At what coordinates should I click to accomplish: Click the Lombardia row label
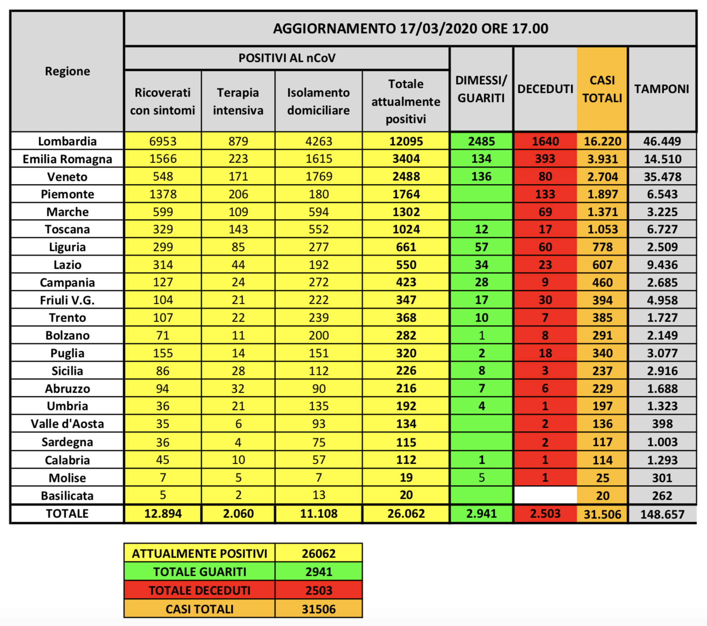[67, 141]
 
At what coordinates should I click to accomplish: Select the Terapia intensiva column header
[238, 101]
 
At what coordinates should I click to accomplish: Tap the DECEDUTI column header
[545, 89]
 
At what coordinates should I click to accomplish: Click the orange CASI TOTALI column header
[602, 89]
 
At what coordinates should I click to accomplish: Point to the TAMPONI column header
[661, 89]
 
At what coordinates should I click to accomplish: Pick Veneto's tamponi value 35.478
[662, 177]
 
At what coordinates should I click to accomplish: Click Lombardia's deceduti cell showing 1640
[545, 141]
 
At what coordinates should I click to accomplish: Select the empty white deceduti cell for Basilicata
[545, 495]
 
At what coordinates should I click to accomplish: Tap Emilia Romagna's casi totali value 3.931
[602, 159]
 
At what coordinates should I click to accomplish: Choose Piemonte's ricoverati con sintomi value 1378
[163, 194]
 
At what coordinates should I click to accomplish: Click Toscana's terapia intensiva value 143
[238, 229]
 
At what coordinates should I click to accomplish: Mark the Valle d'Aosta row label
[67, 424]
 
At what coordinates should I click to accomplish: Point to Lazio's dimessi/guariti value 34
[481, 265]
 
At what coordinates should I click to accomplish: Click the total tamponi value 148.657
[662, 514]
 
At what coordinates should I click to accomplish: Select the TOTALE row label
[67, 513]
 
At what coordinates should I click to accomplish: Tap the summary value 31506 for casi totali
[318, 609]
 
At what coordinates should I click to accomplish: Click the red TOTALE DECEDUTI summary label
[199, 590]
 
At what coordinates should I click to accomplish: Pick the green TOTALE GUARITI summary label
[199, 572]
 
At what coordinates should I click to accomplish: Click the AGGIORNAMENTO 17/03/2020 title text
[410, 28]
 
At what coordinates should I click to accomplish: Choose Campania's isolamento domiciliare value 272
[318, 282]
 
